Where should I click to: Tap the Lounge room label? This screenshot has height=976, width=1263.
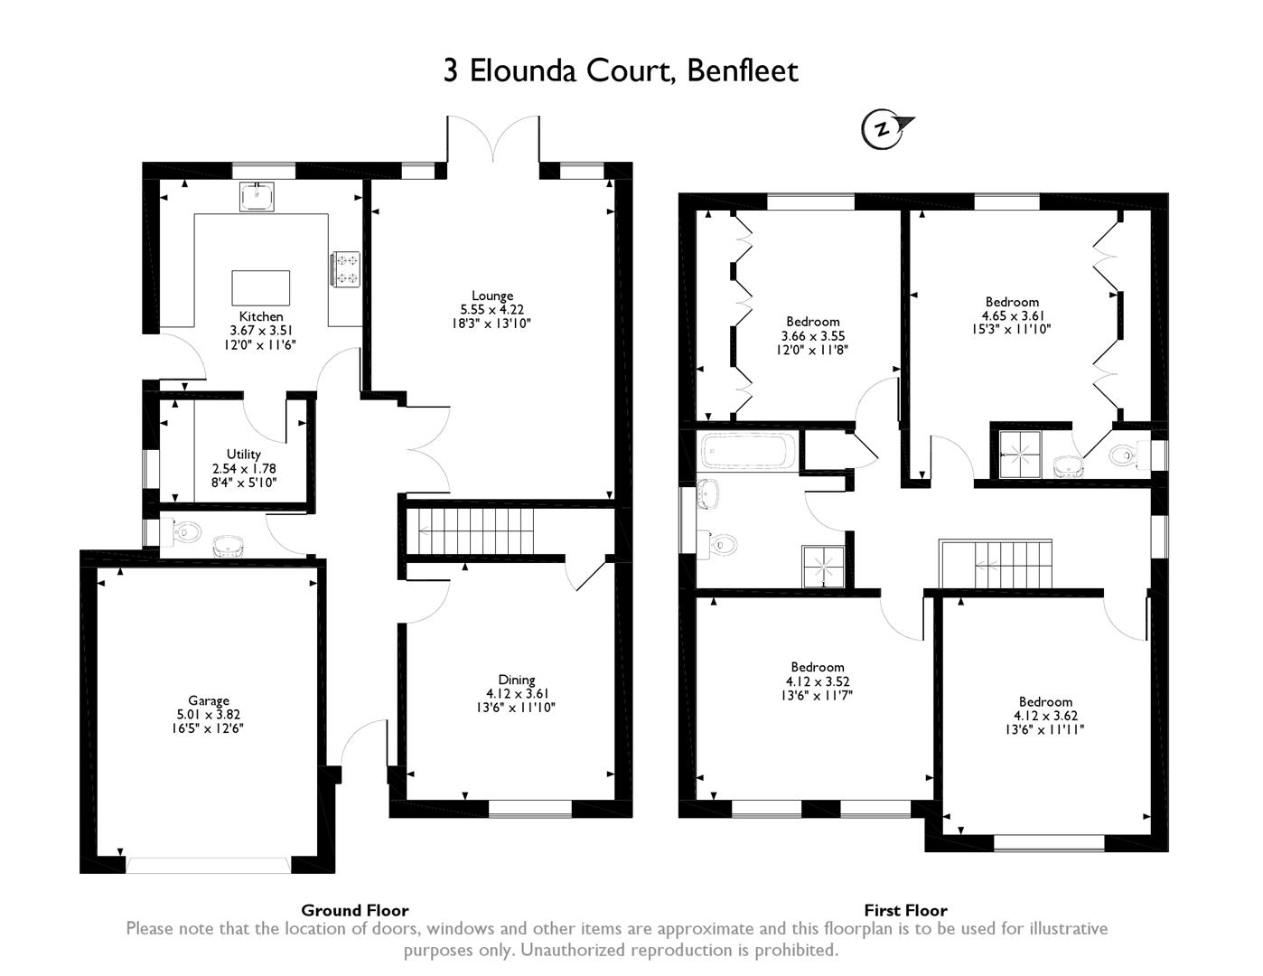coord(492,296)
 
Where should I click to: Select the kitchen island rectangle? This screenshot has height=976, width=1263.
coord(261,288)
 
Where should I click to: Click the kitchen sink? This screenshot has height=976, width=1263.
coord(257,196)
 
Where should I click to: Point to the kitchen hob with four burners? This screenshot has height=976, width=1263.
coord(347,268)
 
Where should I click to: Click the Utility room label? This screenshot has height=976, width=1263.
coord(244,455)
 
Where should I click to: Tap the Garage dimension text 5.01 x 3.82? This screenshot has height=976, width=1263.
coord(209,714)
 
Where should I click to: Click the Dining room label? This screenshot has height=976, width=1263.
coord(517,680)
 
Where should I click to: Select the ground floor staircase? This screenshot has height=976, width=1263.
coord(470,530)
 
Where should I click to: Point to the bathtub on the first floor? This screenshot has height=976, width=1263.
coord(749,449)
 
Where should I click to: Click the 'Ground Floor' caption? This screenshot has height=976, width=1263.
coord(354,910)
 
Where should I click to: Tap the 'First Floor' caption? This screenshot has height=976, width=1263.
coord(905,910)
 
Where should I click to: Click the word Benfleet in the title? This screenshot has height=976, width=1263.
coord(743,70)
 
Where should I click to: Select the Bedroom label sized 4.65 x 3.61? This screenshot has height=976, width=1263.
coord(1012,302)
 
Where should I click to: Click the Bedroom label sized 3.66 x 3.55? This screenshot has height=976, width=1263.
coord(813,322)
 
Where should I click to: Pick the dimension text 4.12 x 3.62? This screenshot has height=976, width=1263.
coord(1045,716)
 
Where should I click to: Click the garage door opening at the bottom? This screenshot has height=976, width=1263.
coord(209,865)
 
